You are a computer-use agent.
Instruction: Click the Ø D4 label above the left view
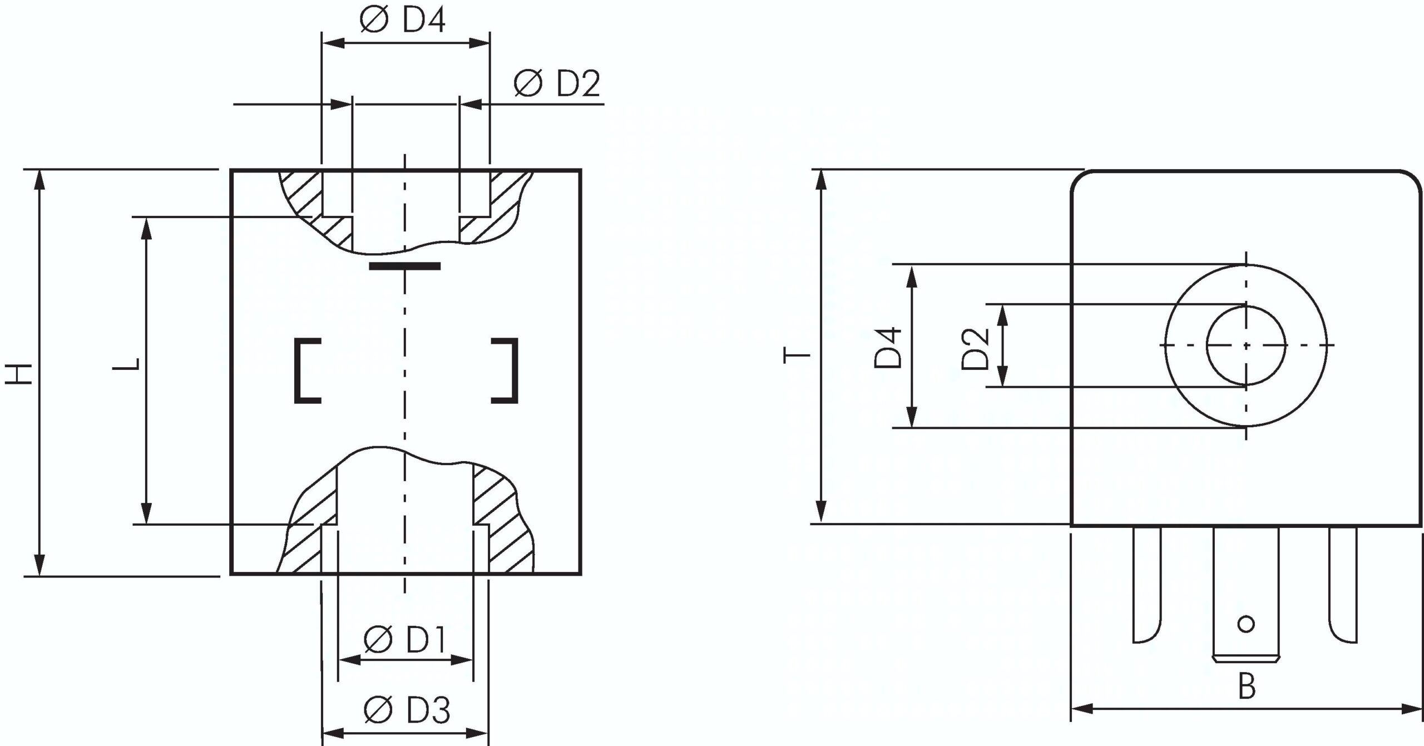tap(402, 21)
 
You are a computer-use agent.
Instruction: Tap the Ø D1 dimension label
tap(405, 640)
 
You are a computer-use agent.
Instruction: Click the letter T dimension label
tap(797, 354)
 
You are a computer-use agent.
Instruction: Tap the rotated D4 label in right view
tap(887, 348)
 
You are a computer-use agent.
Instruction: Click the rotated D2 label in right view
tap(975, 349)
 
